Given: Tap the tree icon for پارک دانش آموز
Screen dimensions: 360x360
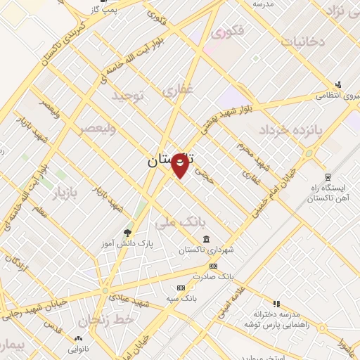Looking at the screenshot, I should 127,232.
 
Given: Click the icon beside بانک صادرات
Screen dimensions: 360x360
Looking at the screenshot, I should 214,266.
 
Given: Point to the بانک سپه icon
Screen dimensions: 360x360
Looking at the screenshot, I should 181,288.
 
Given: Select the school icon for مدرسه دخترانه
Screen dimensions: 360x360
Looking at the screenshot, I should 276,303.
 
